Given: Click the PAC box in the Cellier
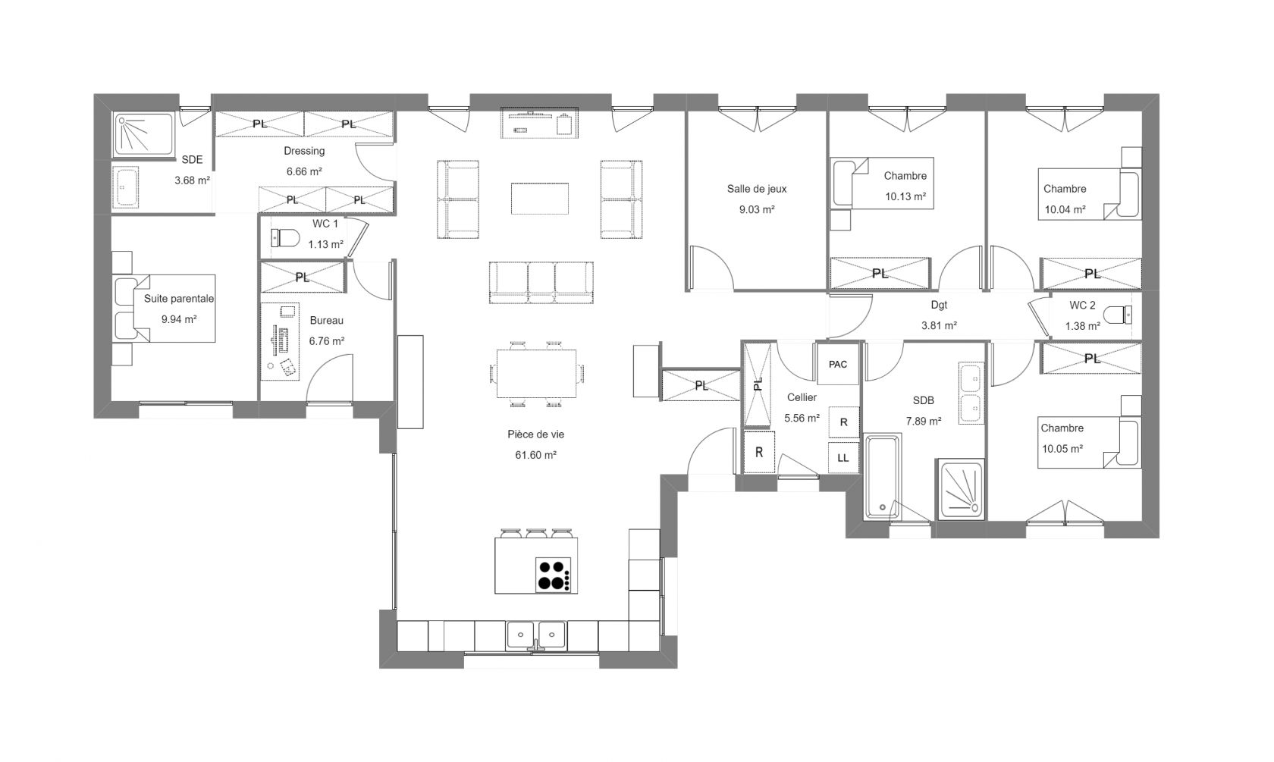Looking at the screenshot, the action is tap(838, 364).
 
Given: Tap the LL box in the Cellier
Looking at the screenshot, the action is tap(843, 458).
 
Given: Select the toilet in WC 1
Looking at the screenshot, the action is tap(285, 238).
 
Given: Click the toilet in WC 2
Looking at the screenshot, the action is tap(1118, 315).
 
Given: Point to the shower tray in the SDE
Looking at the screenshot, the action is tap(144, 134).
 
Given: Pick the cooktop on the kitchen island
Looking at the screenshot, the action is tap(554, 575).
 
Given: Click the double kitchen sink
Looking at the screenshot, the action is tap(536, 635).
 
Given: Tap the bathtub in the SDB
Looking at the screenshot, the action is tap(882, 477).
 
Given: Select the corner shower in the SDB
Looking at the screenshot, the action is tap(961, 490).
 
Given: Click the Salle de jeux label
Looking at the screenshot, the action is tap(757, 189).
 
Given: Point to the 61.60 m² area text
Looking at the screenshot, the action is tap(535, 455).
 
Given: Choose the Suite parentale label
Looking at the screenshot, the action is tap(179, 299).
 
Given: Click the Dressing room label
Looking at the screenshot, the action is tap(304, 151).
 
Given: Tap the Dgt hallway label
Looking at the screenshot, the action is tap(939, 305).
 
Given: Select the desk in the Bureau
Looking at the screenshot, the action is tap(281, 341).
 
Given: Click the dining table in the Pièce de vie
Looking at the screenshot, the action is tap(536, 374).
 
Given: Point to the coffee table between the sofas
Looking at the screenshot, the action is tap(540, 199).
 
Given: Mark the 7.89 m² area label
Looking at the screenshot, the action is tap(924, 422).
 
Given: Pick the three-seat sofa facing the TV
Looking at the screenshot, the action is tap(541, 282).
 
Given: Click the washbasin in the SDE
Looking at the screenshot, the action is tap(126, 187).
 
